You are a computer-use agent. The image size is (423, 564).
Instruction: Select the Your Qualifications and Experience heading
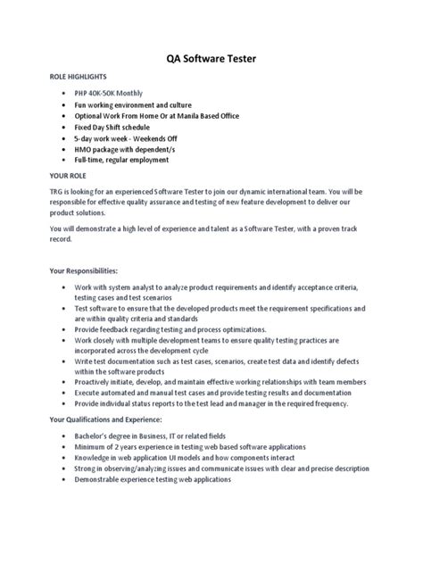(x=106, y=419)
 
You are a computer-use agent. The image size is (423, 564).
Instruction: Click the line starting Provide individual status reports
(x=220, y=403)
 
